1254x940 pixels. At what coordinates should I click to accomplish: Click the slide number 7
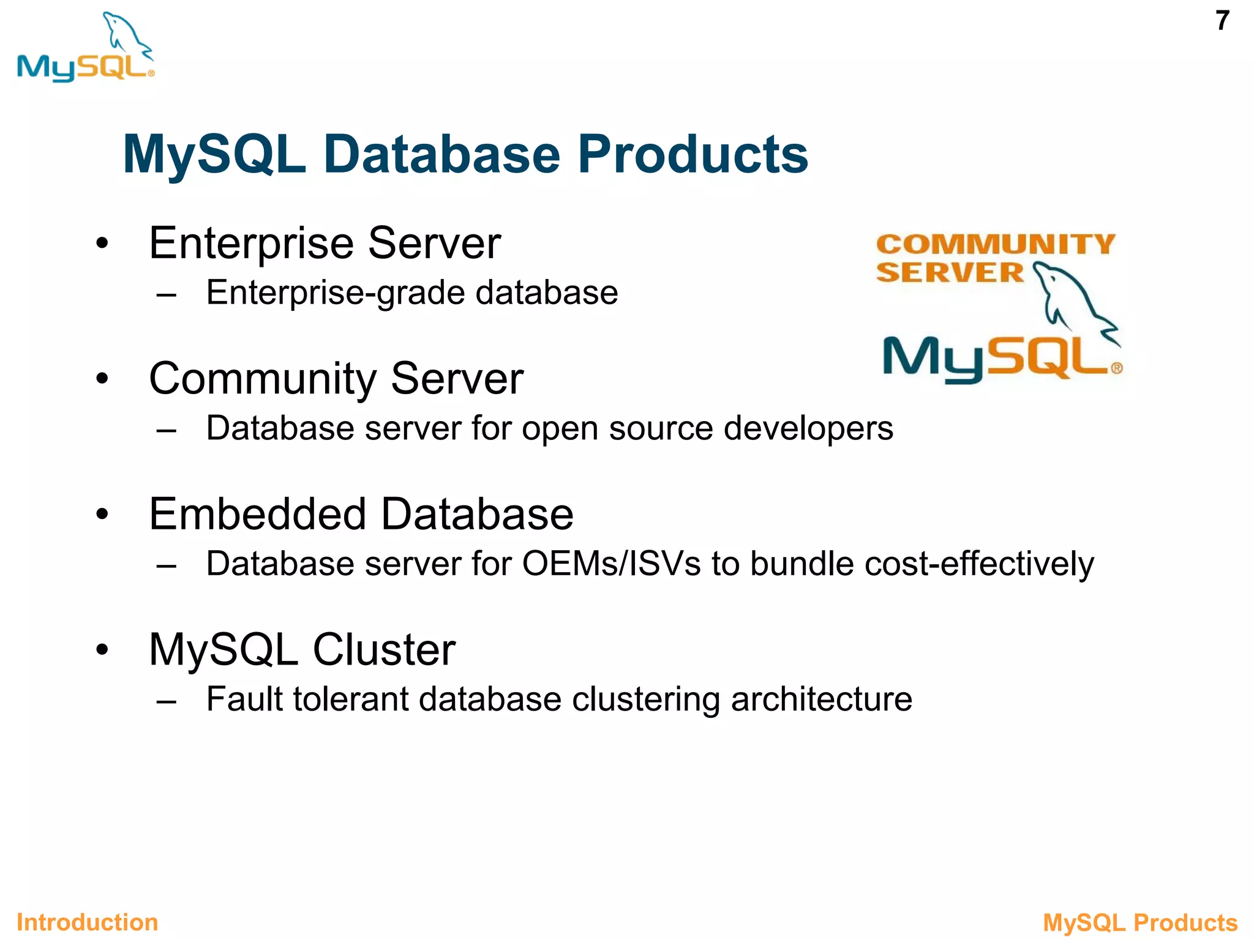point(1222,21)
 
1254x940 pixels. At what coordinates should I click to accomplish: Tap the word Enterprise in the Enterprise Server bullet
point(251,244)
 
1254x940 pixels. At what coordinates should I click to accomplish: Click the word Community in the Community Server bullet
point(262,379)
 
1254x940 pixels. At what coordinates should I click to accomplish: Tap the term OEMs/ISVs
point(611,564)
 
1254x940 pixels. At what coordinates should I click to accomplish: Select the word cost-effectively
point(978,564)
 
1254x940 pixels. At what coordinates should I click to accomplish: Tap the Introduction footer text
point(87,922)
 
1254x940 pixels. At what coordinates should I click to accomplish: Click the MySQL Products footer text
point(1140,922)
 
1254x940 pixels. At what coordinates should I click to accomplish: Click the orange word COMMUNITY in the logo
point(996,244)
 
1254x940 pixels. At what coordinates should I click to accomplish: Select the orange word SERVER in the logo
point(949,273)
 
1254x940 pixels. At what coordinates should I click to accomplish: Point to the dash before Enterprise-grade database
point(166,294)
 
